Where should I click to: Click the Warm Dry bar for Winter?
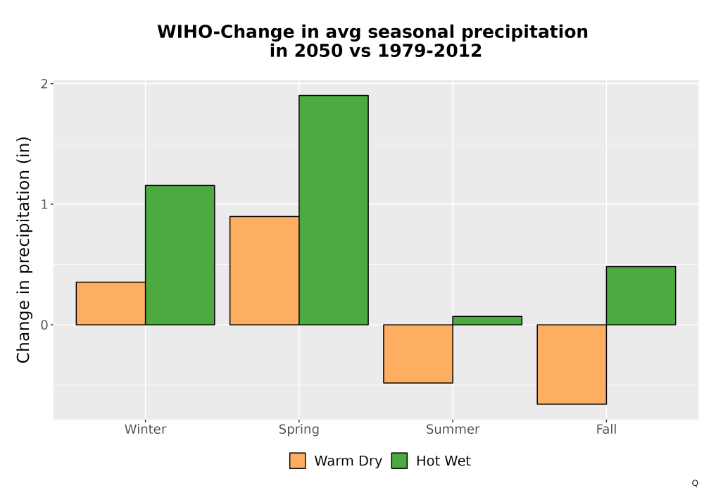(111, 303)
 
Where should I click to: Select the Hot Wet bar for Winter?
(180, 255)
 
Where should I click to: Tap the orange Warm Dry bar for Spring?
(265, 270)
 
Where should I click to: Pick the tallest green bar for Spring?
(334, 210)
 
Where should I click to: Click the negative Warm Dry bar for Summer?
(418, 354)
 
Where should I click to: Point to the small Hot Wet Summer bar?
(487, 320)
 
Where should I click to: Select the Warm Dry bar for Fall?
(572, 364)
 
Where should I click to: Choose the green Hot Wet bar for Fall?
(641, 295)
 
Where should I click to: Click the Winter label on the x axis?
(146, 429)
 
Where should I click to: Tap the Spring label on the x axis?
(299, 430)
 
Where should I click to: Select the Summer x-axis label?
(453, 429)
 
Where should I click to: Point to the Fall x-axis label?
(606, 429)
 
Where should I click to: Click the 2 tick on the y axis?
(44, 84)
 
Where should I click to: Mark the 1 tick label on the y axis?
(44, 204)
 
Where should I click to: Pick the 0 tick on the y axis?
(44, 325)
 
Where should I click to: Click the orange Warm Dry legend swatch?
(297, 461)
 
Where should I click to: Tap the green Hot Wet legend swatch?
(399, 461)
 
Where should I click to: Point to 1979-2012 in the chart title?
(429, 51)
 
